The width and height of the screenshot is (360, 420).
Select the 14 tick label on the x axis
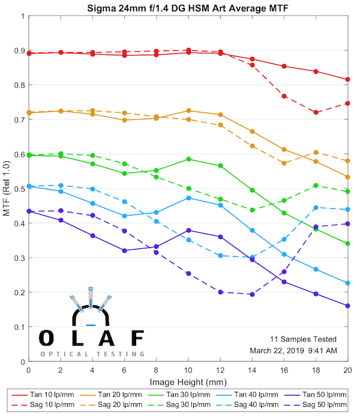pyautogui.click(x=252, y=371)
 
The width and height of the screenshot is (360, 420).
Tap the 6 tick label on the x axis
pyautogui.click(x=124, y=371)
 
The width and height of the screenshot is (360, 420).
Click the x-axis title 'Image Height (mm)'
pyautogui.click(x=188, y=382)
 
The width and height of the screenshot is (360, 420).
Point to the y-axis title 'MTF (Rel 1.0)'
pyautogui.click(x=7, y=189)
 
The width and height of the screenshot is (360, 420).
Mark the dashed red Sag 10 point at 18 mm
pyautogui.click(x=316, y=113)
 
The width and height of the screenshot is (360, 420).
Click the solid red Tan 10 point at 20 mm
pyautogui.click(x=347, y=79)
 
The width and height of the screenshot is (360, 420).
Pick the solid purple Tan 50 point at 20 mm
pyautogui.click(x=347, y=305)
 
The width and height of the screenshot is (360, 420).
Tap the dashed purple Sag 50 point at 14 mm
pyautogui.click(x=252, y=295)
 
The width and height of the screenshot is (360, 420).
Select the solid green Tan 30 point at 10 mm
pyautogui.click(x=188, y=159)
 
